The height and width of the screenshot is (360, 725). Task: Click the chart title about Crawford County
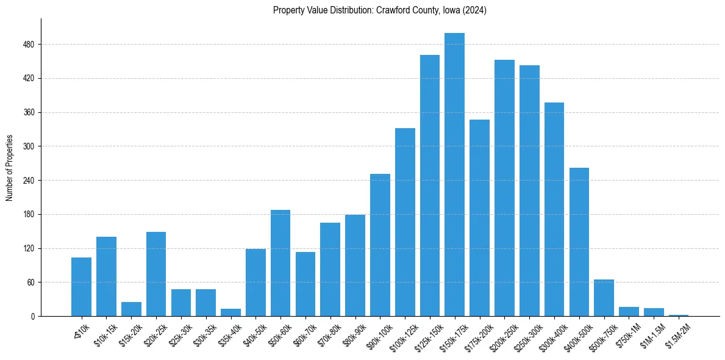click(379, 10)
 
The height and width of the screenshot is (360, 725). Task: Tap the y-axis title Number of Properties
click(10, 168)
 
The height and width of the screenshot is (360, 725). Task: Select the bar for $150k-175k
click(454, 175)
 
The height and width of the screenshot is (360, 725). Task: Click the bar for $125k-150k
click(430, 185)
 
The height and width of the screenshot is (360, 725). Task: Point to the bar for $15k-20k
click(131, 309)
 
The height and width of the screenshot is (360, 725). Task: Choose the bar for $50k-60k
click(280, 263)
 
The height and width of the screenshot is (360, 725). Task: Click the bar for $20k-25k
click(156, 274)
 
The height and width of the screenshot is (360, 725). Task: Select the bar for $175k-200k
click(479, 218)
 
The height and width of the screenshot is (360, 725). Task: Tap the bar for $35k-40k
click(230, 312)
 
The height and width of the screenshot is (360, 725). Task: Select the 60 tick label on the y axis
click(30, 283)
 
